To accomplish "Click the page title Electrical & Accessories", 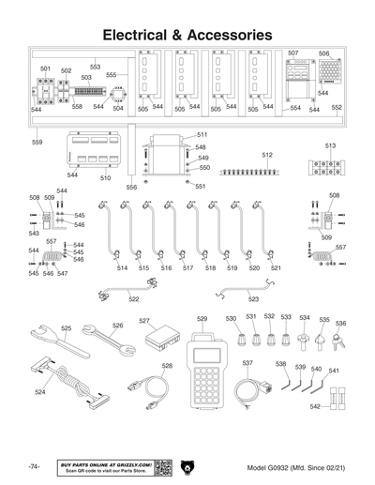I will coord(187,34).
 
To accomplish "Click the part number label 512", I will coord(267,154).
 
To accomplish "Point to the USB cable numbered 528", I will coord(150,389).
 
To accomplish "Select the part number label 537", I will coord(247,362).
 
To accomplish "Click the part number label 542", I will coord(315,406).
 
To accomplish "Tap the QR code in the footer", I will coord(162,466).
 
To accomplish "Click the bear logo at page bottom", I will coord(187,466).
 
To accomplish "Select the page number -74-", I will coord(34,466).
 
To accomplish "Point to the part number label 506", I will coord(324,53).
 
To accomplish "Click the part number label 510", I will coord(105,177).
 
